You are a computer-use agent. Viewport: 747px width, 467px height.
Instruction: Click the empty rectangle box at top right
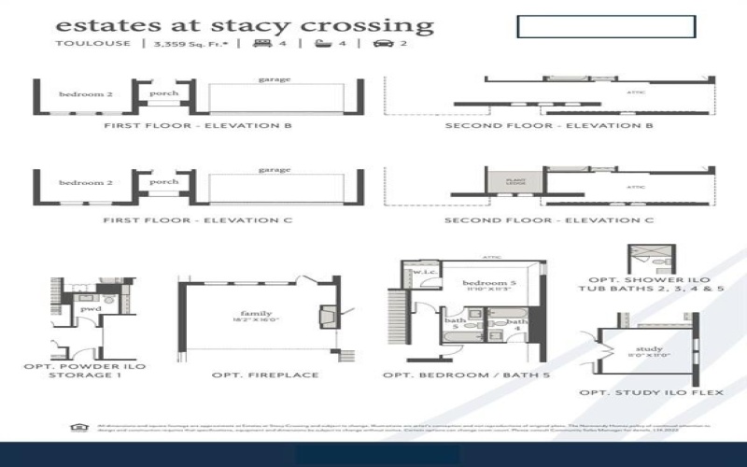tap(605, 26)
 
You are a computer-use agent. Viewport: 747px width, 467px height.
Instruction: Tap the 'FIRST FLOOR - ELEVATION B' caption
tap(198, 125)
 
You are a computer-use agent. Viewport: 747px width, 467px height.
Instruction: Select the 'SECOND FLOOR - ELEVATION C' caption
tap(550, 220)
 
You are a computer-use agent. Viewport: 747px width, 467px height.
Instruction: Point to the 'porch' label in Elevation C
tap(163, 182)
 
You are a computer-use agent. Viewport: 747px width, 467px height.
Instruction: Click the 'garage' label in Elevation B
tap(274, 80)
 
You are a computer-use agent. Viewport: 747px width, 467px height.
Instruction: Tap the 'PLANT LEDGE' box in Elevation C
tap(515, 182)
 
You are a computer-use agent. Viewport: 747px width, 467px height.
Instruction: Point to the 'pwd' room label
tap(91, 307)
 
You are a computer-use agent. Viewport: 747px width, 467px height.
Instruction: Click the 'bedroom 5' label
tap(486, 282)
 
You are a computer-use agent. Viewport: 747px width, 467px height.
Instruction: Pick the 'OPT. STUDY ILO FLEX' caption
tap(651, 392)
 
